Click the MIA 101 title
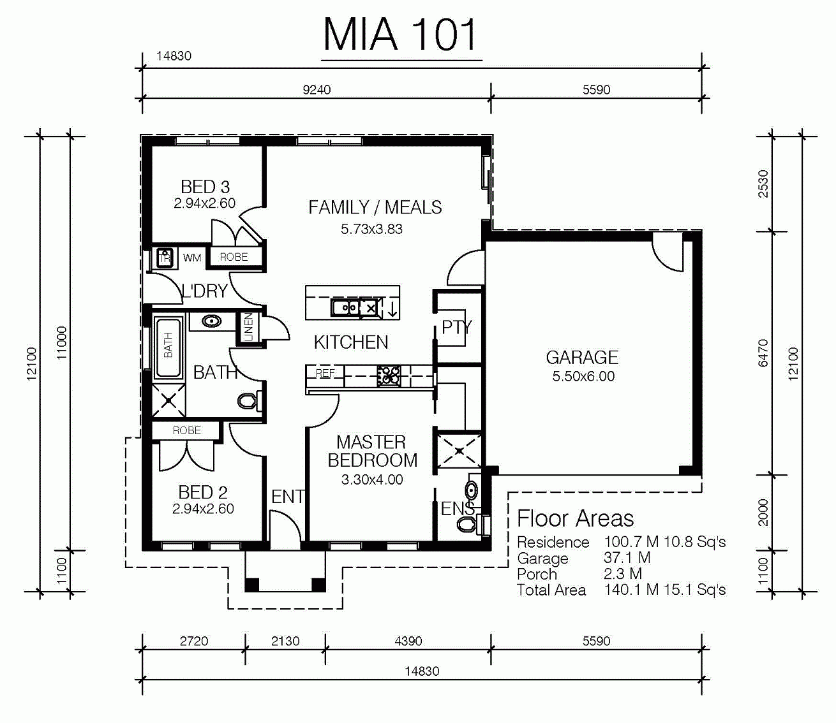point(400,35)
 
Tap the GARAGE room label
point(582,358)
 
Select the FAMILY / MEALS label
point(375,207)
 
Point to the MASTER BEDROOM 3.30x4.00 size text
point(372,479)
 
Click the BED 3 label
point(205,187)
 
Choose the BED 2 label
point(203,493)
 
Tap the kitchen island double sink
point(345,307)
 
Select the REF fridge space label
point(325,373)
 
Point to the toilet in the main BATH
point(248,401)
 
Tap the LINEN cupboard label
point(249,327)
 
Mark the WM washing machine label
point(191,258)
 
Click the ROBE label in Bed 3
point(234,257)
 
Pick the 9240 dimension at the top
point(317,90)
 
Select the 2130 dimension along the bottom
point(285,641)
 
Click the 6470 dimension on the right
point(763,353)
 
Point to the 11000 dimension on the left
point(61,343)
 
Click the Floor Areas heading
point(576,518)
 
